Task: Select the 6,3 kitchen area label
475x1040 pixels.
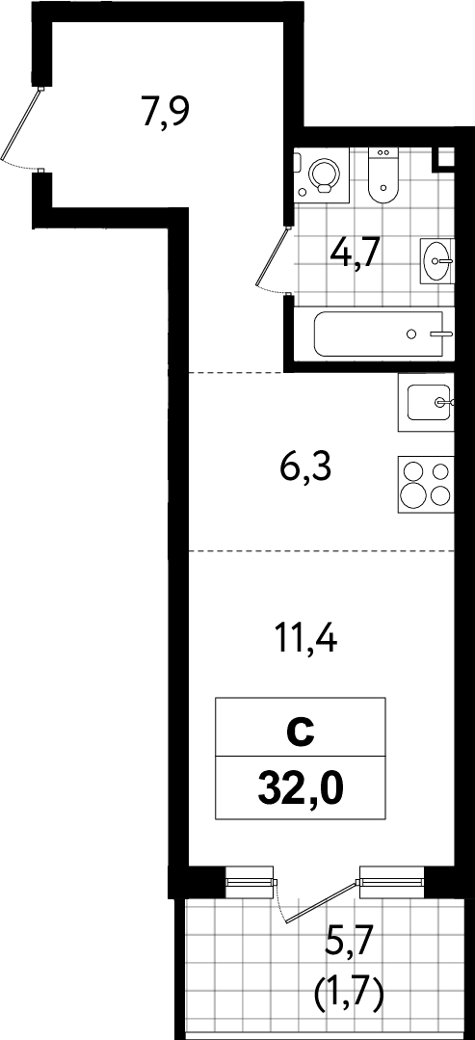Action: pos(305,470)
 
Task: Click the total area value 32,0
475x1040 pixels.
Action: pos(301,787)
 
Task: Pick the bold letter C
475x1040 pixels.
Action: pos(301,733)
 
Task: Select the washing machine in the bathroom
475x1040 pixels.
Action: pos(320,175)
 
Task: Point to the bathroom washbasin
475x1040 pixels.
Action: pos(437,261)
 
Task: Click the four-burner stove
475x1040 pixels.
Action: pos(426,484)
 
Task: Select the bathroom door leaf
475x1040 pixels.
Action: pos(273,257)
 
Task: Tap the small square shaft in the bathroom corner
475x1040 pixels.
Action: pos(444,158)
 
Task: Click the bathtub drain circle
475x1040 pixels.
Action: pos(411,333)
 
